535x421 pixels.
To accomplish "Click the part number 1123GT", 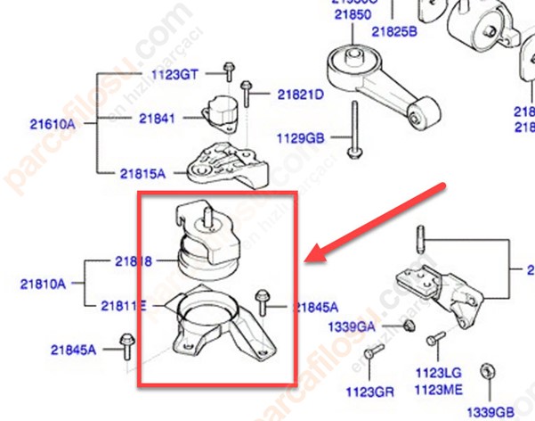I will coord(174,75).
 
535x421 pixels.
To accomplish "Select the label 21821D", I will coord(300,94).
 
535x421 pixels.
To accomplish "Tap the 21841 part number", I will coord(157,118).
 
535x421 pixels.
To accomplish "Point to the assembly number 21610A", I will coord(53,124).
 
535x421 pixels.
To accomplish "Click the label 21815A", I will coord(142,173).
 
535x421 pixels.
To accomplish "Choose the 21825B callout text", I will coord(394,31).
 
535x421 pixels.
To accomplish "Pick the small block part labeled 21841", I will coord(219,111).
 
